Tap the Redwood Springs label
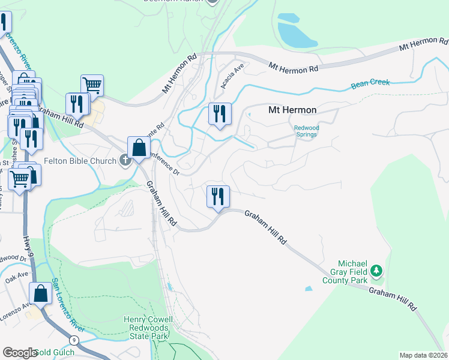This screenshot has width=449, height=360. (x=309, y=131)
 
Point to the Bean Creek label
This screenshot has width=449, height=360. (x=370, y=84)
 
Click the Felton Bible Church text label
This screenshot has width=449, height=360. (x=82, y=161)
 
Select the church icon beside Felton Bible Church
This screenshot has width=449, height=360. (x=125, y=160)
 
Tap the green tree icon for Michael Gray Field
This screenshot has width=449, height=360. (x=376, y=271)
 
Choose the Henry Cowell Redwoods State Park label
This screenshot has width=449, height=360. (x=148, y=327)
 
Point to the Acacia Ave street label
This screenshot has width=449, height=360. (x=231, y=77)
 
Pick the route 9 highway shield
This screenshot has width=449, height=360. (x=73, y=340)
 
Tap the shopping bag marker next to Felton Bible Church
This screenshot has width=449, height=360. (x=139, y=148)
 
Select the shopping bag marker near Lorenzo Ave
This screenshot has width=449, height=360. (x=40, y=294)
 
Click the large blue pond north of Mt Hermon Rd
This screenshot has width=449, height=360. (x=295, y=33)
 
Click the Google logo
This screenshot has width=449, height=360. (x=19, y=353)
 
